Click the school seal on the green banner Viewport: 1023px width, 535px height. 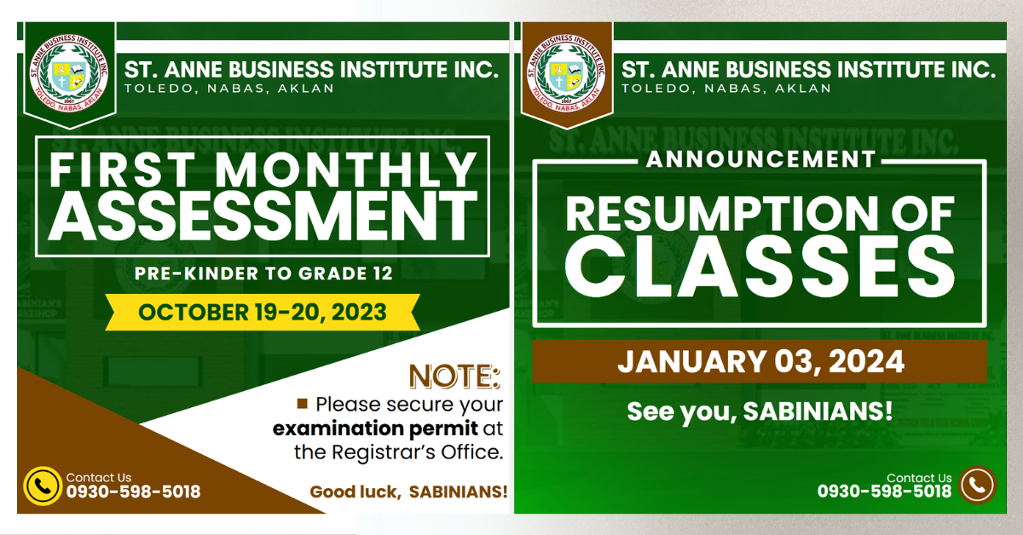(69, 73)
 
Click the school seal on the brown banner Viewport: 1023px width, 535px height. (566, 73)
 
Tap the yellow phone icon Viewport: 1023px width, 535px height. (43, 486)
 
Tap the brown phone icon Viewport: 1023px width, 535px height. (977, 485)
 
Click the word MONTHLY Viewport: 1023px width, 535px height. (346, 170)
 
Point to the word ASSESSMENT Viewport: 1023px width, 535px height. (263, 216)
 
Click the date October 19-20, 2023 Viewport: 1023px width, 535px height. (263, 313)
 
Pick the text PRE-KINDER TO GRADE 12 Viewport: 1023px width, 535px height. (263, 273)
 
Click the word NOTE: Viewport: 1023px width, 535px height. (454, 377)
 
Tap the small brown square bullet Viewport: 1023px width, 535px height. (303, 404)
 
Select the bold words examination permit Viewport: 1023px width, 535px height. (375, 429)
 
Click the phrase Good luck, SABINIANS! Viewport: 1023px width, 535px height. (408, 492)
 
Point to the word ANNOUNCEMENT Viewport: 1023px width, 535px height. (760, 159)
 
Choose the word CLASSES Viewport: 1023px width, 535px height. (760, 267)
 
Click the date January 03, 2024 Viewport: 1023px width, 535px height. (760, 361)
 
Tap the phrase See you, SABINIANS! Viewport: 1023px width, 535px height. (760, 411)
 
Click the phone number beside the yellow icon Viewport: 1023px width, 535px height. (133, 492)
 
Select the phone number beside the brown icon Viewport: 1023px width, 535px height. (884, 492)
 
